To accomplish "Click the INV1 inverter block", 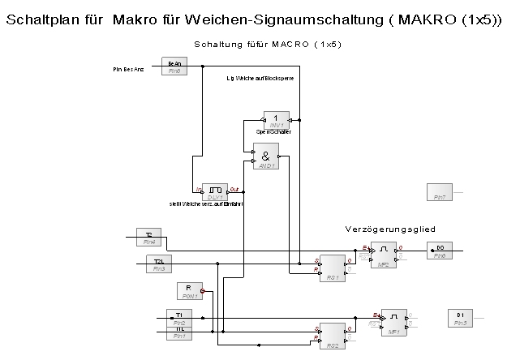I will point(276,120).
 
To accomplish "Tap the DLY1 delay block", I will point(214,191).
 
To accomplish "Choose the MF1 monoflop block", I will point(393,321).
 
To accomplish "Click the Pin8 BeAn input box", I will point(174,66).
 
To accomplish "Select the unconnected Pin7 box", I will point(439,192).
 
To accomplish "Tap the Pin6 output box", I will point(439,251).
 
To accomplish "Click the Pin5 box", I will point(460,318).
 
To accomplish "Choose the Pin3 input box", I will point(159,264).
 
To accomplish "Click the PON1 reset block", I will point(187,291).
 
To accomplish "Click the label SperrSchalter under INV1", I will point(273,131).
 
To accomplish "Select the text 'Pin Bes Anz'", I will point(128,71).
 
